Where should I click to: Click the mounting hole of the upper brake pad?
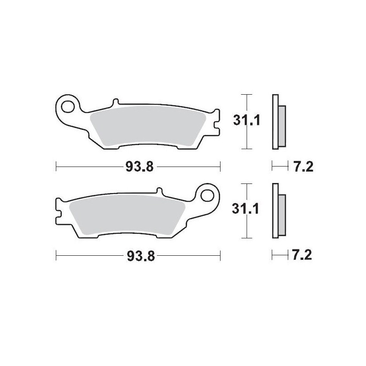68,107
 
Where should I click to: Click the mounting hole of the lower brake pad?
208,196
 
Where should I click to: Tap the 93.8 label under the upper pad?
138,167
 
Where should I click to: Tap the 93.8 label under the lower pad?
138,256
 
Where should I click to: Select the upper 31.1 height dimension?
248,121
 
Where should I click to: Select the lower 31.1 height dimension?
248,210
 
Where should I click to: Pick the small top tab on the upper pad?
116,102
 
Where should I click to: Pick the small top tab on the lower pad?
159,190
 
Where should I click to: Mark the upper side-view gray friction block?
282,126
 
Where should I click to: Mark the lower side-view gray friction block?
282,215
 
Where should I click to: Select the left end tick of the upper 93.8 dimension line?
56,167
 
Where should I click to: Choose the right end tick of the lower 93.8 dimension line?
221,256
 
